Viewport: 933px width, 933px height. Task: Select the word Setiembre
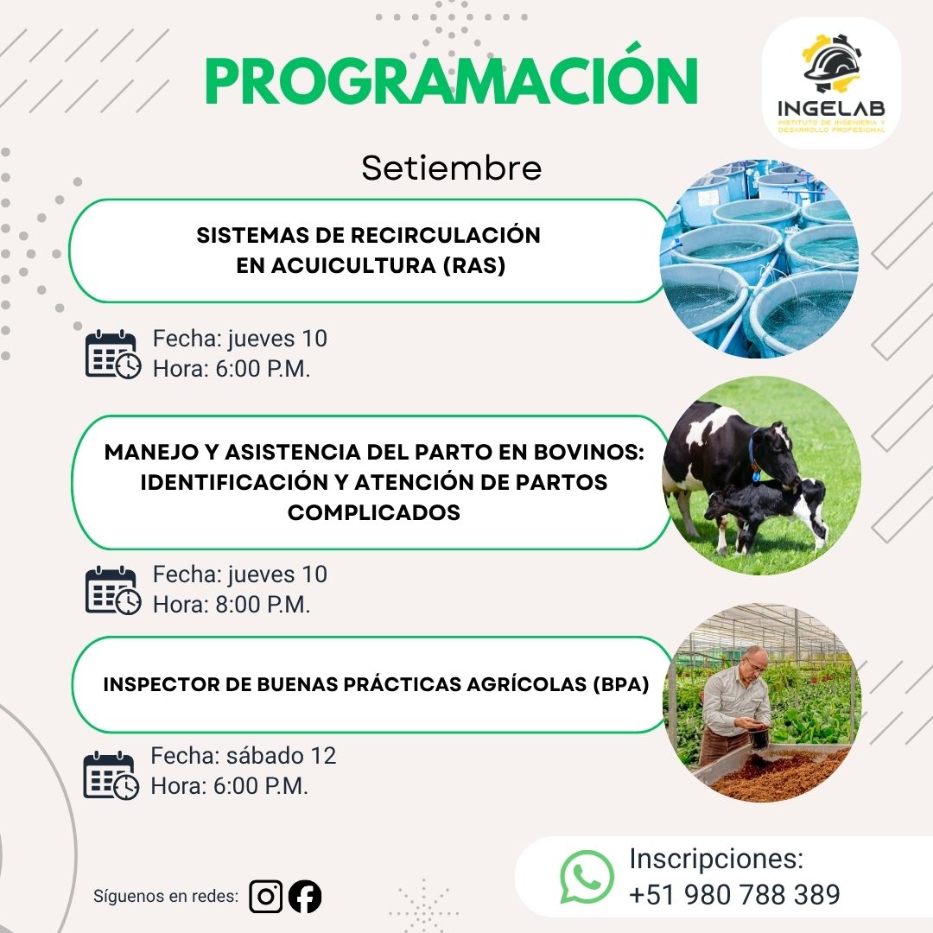pyautogui.click(x=452, y=168)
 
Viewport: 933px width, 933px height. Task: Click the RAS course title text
pyautogui.click(x=369, y=251)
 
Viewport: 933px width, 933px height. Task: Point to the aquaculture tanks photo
pyautogui.click(x=759, y=259)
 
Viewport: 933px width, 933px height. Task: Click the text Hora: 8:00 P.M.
pyautogui.click(x=232, y=605)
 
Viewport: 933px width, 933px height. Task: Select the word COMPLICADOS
pyautogui.click(x=374, y=512)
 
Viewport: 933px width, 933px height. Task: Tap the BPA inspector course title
pyautogui.click(x=376, y=685)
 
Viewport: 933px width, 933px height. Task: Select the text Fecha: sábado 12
pyautogui.click(x=244, y=756)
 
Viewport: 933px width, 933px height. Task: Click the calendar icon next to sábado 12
pyautogui.click(x=111, y=775)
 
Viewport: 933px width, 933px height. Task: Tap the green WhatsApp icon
pyautogui.click(x=587, y=877)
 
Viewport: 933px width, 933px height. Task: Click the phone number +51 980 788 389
pyautogui.click(x=734, y=894)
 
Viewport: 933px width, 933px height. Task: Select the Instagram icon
pyautogui.click(x=266, y=896)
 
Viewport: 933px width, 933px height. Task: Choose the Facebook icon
pyautogui.click(x=305, y=896)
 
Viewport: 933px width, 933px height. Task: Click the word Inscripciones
pyautogui.click(x=716, y=860)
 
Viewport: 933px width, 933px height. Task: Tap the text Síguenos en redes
pyautogui.click(x=166, y=896)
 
